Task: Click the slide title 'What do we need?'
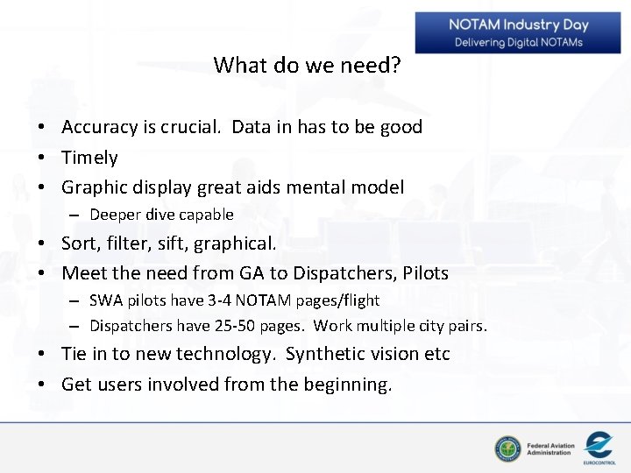(x=308, y=66)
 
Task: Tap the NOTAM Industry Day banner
(x=518, y=32)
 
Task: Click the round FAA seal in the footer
(x=507, y=448)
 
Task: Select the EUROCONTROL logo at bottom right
(x=599, y=448)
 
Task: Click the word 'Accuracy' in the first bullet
(x=100, y=127)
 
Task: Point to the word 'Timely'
(x=89, y=158)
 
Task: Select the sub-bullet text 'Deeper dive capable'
(x=161, y=215)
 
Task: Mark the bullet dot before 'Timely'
(x=42, y=159)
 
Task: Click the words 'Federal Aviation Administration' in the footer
(x=550, y=449)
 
